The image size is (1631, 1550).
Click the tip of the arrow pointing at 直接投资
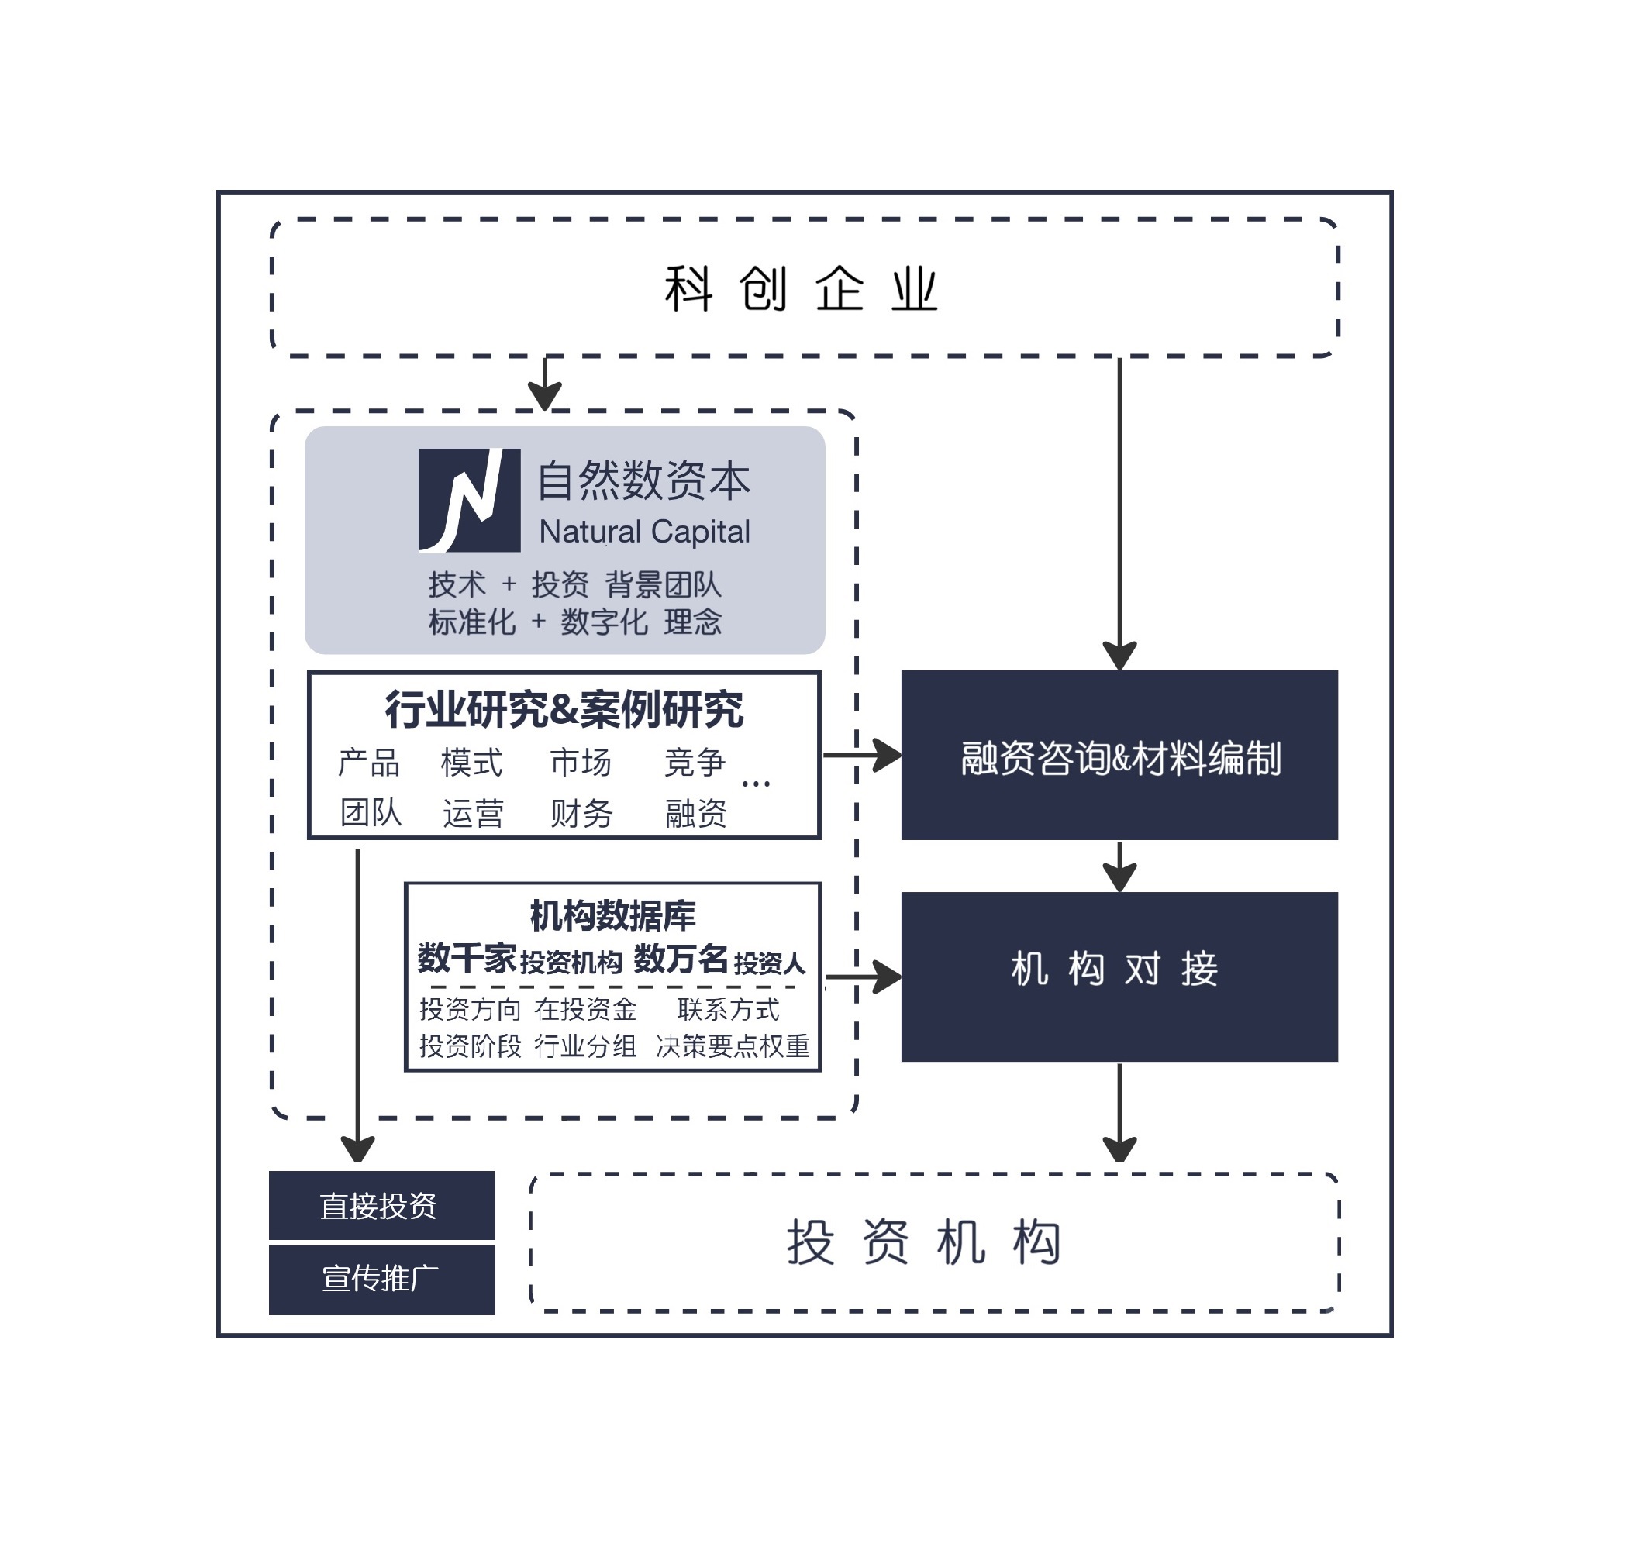(358, 1162)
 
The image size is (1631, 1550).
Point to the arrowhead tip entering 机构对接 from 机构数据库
(902, 976)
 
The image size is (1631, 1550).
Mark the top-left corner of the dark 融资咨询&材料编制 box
(902, 670)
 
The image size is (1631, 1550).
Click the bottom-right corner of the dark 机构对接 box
(1339, 1062)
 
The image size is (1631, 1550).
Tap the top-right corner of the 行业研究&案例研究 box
(820, 672)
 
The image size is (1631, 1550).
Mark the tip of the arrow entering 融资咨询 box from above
(1119, 670)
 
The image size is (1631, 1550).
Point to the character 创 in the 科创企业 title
(764, 289)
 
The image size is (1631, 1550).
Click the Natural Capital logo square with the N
(469, 501)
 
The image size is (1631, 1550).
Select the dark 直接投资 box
(381, 1205)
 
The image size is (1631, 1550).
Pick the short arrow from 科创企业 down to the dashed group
(545, 384)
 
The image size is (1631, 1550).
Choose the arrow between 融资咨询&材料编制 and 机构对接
(1119, 866)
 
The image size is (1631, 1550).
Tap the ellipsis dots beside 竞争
(756, 784)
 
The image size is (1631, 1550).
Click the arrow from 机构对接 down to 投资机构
(1119, 1112)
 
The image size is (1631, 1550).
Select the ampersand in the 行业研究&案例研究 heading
(564, 710)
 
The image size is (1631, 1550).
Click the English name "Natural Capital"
(644, 532)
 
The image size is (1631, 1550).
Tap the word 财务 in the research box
(581, 814)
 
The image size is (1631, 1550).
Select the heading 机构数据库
(612, 915)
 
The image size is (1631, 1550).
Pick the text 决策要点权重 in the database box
(732, 1046)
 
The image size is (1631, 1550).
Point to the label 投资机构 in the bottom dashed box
(924, 1242)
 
